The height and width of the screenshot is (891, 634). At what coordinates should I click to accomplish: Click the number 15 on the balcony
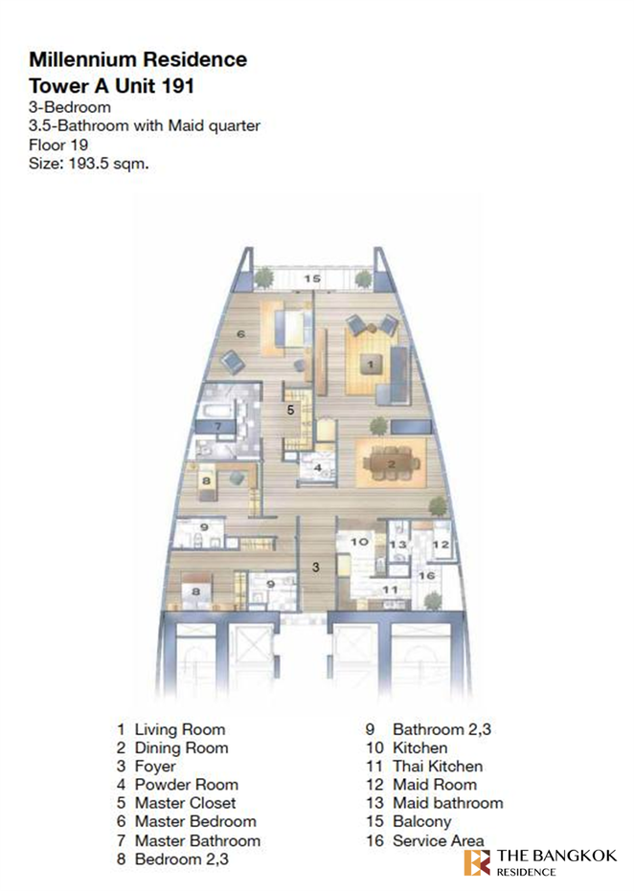pyautogui.click(x=311, y=278)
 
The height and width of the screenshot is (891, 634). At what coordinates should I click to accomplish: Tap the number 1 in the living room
pyautogui.click(x=371, y=364)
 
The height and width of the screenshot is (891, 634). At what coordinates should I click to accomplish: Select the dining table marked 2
pyautogui.click(x=391, y=464)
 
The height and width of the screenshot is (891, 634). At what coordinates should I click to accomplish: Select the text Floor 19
pyautogui.click(x=58, y=145)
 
